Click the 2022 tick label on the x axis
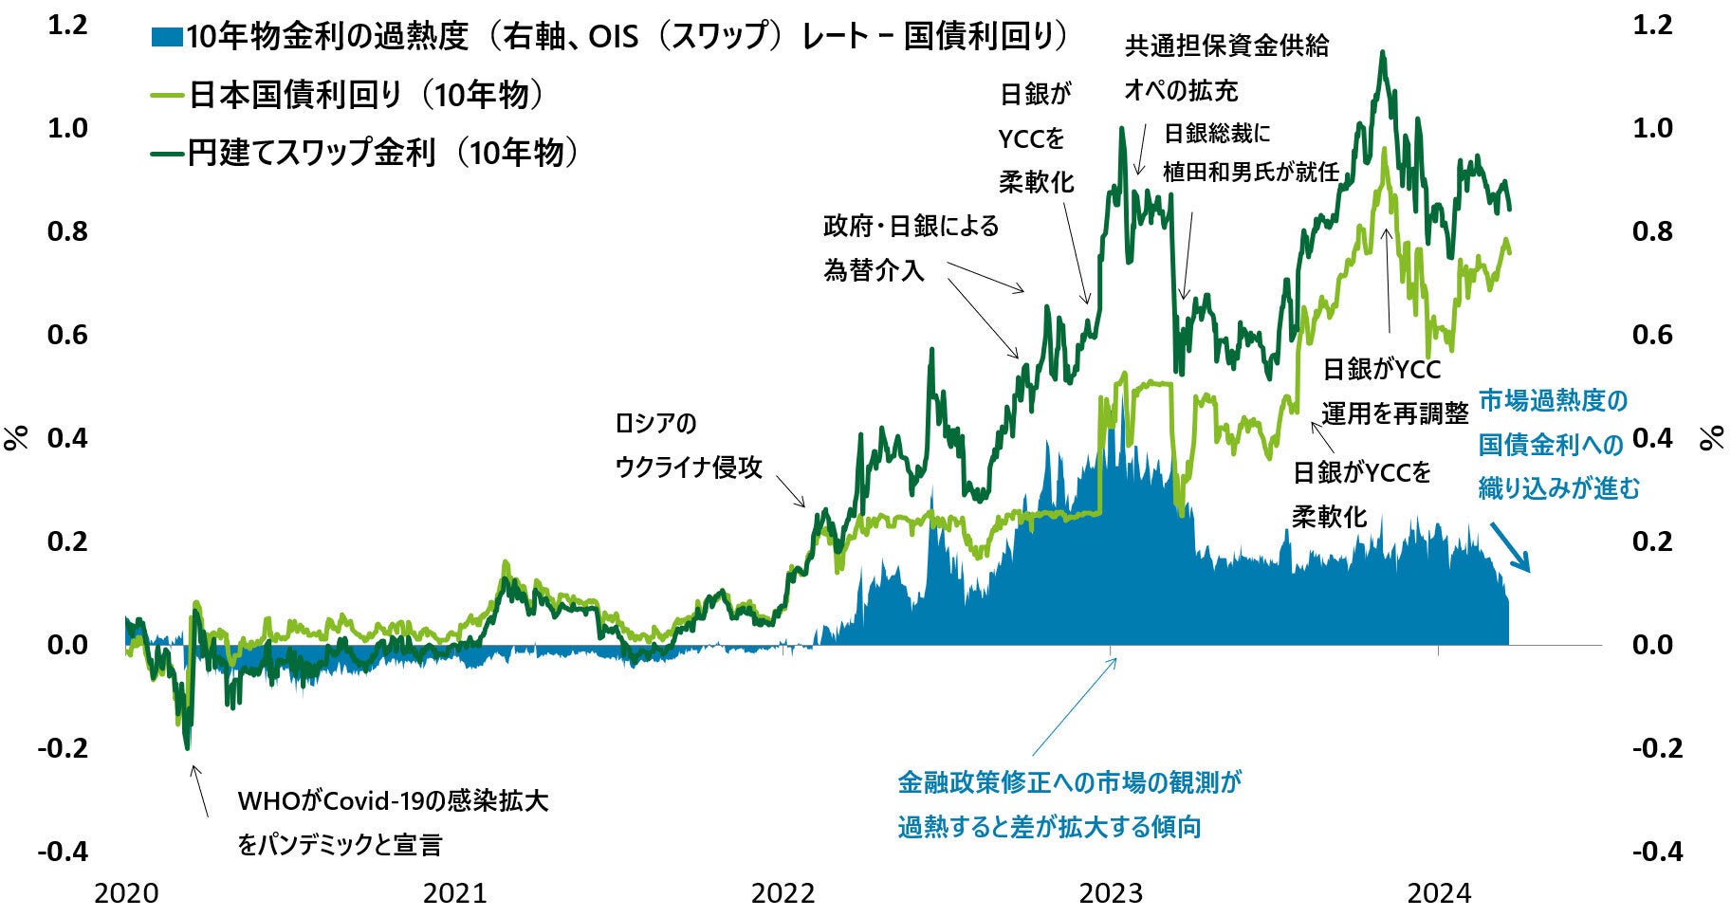783,892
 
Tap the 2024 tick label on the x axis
1438,892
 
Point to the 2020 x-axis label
126,892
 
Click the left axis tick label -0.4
63,852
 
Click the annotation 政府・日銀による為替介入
910,248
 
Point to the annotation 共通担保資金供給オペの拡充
1225,67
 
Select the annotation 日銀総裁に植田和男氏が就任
1250,153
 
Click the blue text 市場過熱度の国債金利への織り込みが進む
1558,444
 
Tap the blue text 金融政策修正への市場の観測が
1069,783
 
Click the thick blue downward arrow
1510,547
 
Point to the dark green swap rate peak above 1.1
1383,55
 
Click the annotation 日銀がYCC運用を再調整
1393,391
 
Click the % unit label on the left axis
16,438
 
